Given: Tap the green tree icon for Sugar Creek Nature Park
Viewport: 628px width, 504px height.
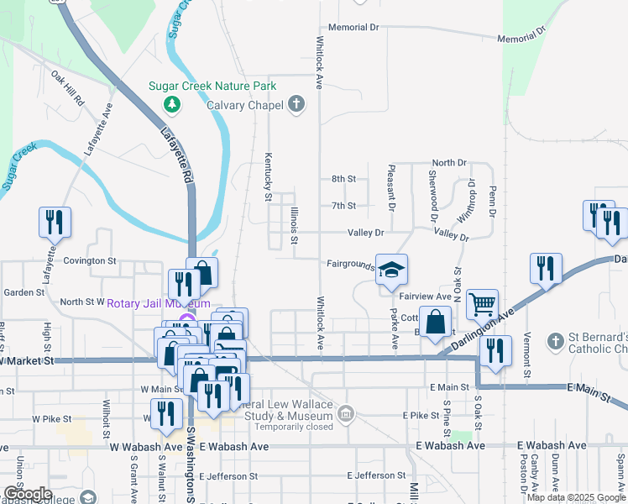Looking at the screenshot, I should (172, 103).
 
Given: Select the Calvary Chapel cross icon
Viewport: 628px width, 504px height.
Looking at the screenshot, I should (295, 104).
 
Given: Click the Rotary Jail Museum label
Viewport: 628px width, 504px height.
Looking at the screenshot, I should (159, 302).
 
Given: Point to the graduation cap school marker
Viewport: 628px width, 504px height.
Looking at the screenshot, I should (391, 270).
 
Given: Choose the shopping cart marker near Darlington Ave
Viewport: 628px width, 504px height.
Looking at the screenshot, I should (482, 303).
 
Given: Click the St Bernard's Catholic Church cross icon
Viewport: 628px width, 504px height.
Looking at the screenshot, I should (554, 341).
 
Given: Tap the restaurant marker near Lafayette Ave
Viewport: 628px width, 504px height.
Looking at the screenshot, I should (55, 222).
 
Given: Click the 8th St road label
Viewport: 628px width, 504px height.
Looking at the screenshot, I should (343, 179).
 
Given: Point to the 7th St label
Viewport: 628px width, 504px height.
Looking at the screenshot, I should (343, 206).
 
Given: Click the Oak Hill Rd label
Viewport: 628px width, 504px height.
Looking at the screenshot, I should (68, 87).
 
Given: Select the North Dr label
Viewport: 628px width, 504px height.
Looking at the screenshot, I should (449, 162).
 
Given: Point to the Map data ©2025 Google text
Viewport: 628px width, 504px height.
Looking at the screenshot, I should (575, 497).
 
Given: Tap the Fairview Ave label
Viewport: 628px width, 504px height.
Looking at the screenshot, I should (426, 297).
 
